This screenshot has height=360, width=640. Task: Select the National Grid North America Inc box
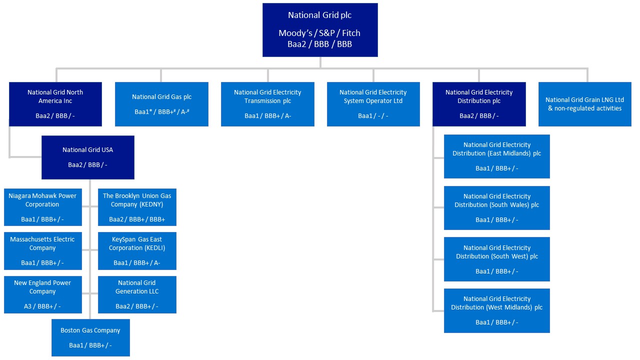(55, 103)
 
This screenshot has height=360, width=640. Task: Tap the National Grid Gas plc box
(161, 103)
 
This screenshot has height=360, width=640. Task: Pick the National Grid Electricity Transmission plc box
(267, 103)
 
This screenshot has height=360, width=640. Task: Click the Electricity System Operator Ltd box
(373, 103)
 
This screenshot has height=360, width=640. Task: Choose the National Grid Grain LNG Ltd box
(584, 103)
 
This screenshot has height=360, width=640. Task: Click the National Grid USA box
(87, 156)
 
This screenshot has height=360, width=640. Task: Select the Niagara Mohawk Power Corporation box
(42, 207)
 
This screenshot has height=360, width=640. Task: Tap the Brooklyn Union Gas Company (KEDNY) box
(137, 207)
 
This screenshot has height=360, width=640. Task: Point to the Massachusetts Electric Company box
(42, 250)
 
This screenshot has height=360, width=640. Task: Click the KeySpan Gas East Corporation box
(137, 250)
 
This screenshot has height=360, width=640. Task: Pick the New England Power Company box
(42, 294)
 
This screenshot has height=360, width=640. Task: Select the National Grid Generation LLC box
(137, 294)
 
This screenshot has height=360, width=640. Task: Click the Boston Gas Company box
(90, 337)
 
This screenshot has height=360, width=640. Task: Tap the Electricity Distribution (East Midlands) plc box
(496, 156)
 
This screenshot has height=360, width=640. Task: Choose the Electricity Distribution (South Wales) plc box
(496, 207)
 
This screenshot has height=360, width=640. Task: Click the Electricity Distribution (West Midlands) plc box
(496, 310)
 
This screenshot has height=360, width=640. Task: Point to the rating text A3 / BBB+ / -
(42, 306)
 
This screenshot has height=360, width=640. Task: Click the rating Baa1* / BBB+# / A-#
(161, 112)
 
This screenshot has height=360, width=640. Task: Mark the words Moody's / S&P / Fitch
(319, 33)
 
